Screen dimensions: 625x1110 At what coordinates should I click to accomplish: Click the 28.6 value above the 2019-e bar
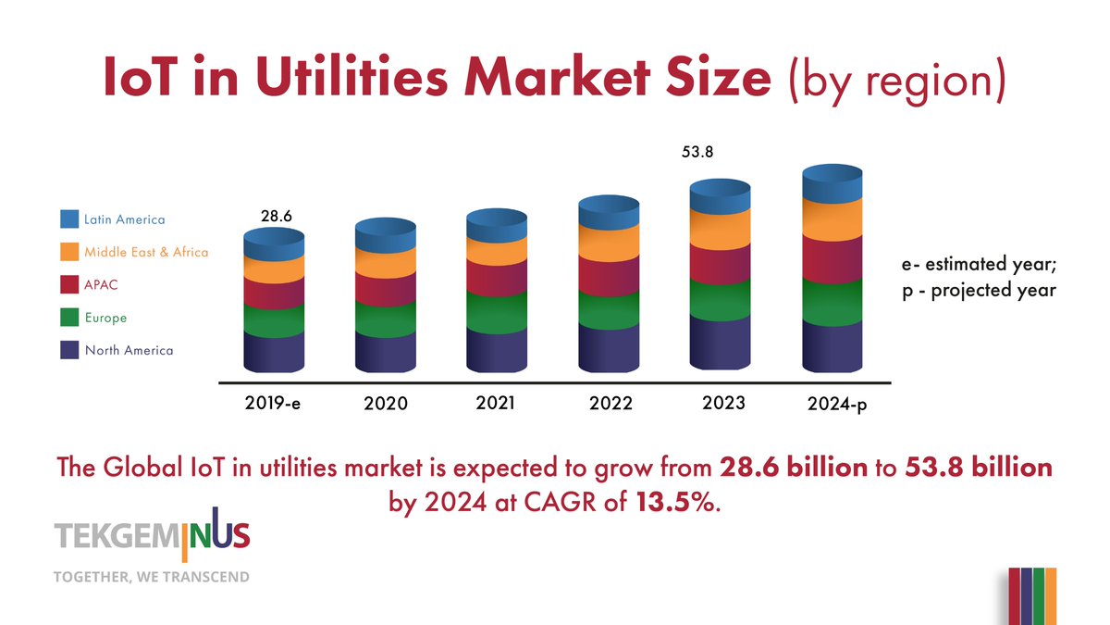pyautogui.click(x=276, y=216)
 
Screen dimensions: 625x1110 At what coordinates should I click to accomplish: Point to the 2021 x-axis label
pyautogui.click(x=495, y=403)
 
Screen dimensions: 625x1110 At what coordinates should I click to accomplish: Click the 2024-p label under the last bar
pyautogui.click(x=834, y=405)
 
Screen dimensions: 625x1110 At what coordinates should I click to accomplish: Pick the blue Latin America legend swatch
pyautogui.click(x=69, y=219)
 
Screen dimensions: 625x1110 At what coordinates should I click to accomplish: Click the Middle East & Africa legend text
pyautogui.click(x=146, y=252)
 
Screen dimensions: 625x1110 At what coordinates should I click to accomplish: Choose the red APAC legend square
pyautogui.click(x=69, y=285)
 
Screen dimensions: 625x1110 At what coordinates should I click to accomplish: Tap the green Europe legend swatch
pyautogui.click(x=69, y=318)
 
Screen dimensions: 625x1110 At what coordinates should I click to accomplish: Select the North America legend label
pyautogui.click(x=129, y=350)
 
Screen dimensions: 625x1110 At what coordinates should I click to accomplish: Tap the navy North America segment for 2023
pyautogui.click(x=720, y=343)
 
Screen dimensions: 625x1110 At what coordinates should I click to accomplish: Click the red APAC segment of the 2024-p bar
pyautogui.click(x=832, y=259)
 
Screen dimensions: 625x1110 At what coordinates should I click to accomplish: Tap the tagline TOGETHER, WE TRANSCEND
pyautogui.click(x=153, y=577)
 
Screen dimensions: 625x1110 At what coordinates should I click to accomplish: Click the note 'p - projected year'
pyautogui.click(x=979, y=290)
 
